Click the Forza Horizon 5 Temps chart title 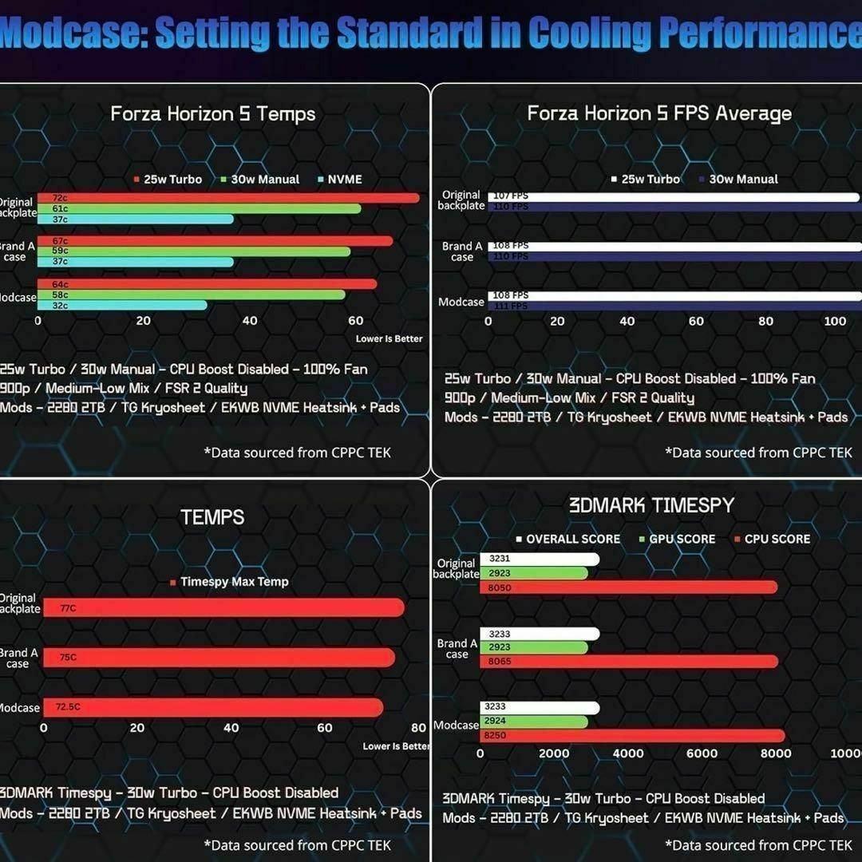213,114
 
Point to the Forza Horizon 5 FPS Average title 659,114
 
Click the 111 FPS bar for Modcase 674,306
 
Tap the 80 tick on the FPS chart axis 765,322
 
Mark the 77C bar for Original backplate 223,607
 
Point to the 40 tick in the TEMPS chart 231,728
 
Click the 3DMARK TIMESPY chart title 651,505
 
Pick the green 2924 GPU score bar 533,722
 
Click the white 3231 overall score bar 540,560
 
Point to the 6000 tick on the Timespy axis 702,753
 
